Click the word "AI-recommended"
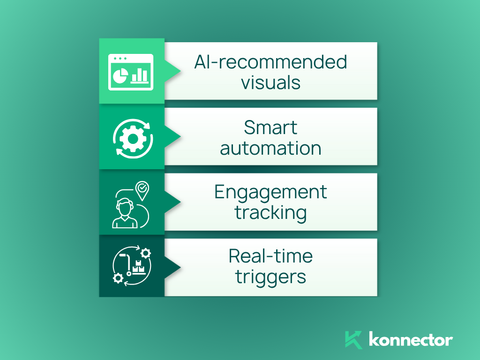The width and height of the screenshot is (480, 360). (270, 62)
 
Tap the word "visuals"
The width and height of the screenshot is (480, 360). (270, 82)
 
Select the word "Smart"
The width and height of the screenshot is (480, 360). (270, 127)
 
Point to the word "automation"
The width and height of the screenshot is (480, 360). (270, 149)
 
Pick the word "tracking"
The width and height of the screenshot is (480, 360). (270, 213)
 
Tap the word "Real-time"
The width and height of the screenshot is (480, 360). (270, 256)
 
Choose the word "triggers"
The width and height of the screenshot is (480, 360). (270, 277)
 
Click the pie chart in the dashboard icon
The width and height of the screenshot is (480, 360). (120, 75)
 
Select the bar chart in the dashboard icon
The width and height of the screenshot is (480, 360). (140, 76)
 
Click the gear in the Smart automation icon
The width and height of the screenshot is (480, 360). (133, 139)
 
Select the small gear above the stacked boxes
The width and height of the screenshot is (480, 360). (145, 253)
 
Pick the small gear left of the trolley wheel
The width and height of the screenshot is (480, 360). (118, 278)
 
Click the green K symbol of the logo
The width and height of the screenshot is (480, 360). (353, 340)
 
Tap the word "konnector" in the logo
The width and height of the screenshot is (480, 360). (411, 339)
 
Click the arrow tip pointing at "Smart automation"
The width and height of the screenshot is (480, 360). (180, 136)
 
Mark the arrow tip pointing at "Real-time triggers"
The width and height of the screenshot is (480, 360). (180, 267)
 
